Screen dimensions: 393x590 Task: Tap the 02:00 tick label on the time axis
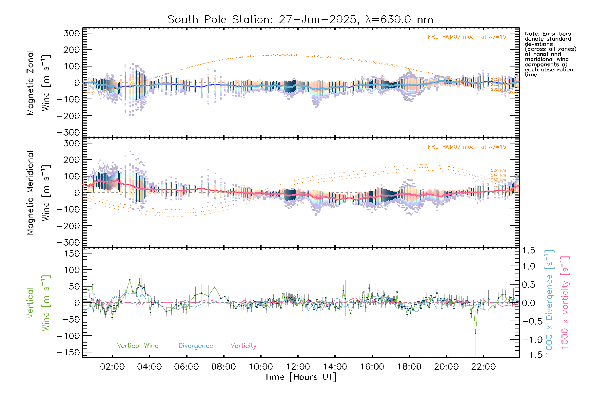tap(112, 367)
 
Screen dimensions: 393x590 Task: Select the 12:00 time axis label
tap(298, 367)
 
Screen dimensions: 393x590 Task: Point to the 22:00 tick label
tap(483, 367)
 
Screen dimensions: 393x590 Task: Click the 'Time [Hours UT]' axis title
tap(301, 377)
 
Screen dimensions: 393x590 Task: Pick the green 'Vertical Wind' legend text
tap(138, 346)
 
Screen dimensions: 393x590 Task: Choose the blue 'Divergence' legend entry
tap(196, 346)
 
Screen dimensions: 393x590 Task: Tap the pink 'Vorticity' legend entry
tap(243, 346)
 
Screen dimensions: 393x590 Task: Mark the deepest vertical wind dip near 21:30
tap(476, 333)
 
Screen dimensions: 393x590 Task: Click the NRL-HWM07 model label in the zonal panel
tap(467, 37)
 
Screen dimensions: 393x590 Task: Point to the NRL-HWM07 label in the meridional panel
tap(467, 147)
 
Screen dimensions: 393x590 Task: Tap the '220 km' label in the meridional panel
tap(498, 170)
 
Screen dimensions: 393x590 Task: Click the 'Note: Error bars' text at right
tap(548, 34)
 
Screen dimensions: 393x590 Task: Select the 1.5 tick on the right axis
tap(529, 251)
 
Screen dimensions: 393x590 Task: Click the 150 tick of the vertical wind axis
tap(72, 253)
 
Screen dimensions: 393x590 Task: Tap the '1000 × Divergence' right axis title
tap(549, 303)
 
